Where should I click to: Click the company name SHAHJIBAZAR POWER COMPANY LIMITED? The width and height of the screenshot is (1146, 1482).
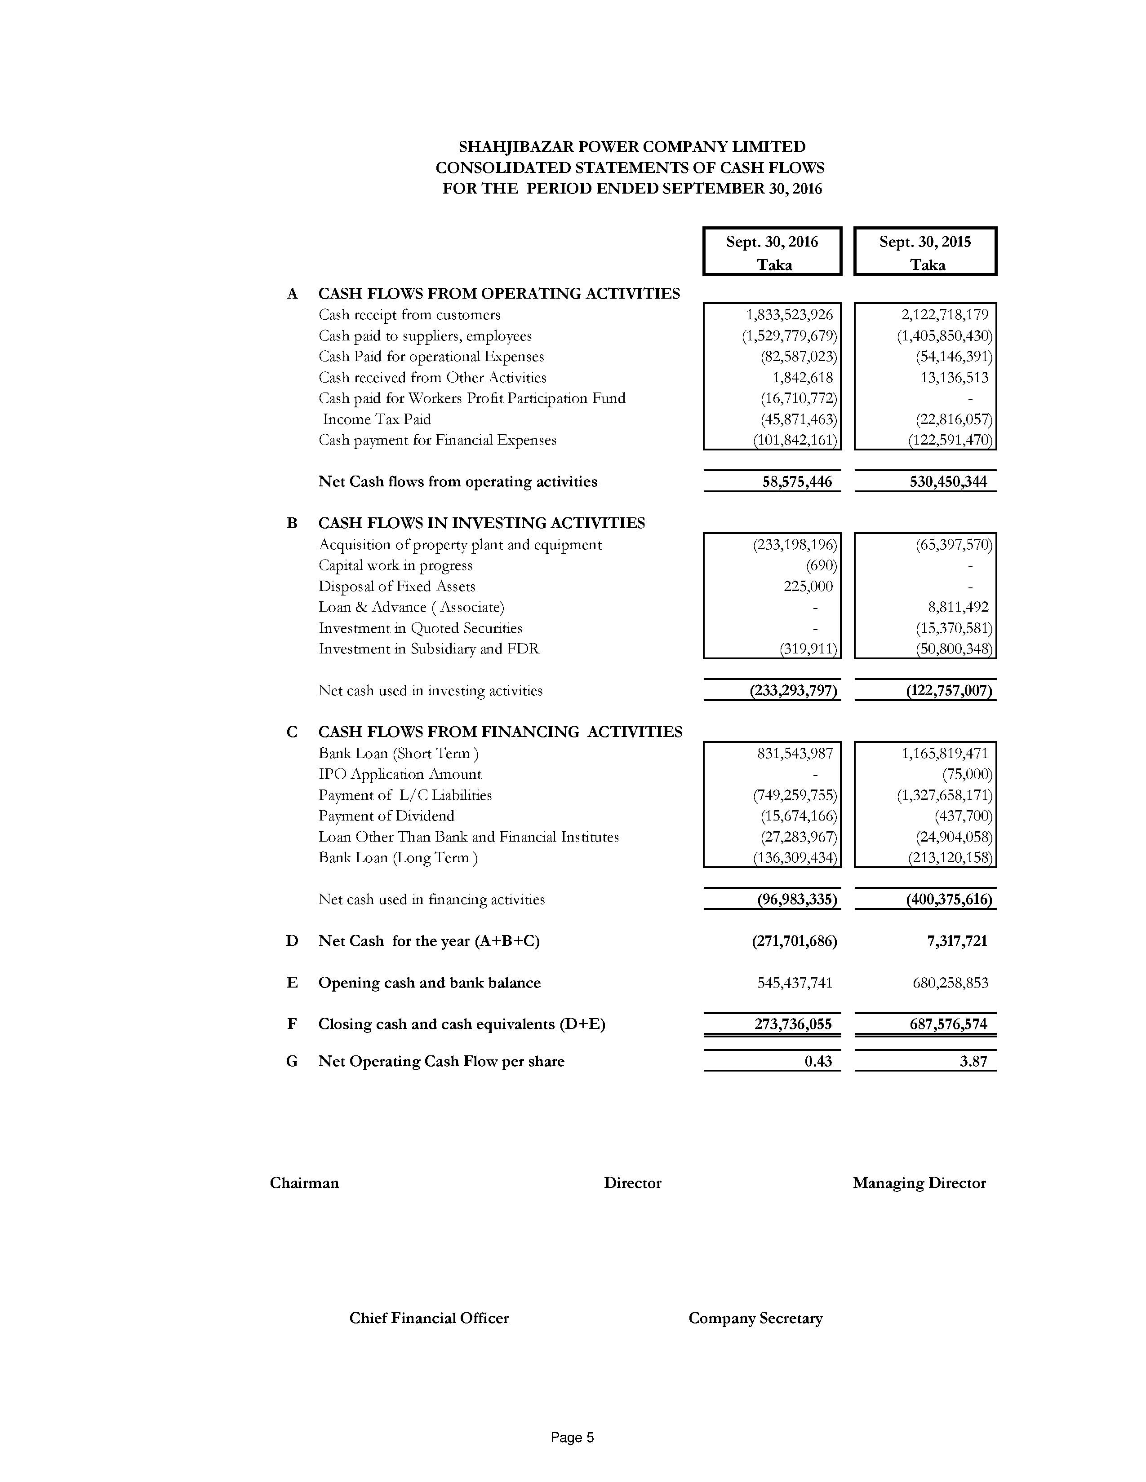[631, 146]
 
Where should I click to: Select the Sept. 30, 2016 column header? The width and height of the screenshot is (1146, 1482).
[772, 251]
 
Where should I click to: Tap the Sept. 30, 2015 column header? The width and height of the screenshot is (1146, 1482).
[925, 251]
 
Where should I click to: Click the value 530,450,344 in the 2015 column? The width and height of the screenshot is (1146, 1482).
[948, 482]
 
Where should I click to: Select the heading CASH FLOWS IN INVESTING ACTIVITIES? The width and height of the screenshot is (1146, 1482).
[481, 523]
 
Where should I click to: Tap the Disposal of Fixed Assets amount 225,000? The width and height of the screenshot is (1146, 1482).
[808, 586]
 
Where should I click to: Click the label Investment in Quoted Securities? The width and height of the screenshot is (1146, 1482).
[420, 628]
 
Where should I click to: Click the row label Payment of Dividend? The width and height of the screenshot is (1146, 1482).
[386, 816]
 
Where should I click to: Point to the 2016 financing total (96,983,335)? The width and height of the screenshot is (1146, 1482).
[796, 900]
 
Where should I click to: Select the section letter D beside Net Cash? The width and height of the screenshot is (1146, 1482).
[292, 941]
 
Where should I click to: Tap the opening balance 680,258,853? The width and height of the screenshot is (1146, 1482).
[950, 983]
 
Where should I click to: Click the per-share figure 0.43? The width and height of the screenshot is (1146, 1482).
[817, 1061]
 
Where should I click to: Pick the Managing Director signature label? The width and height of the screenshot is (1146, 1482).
[919, 1183]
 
